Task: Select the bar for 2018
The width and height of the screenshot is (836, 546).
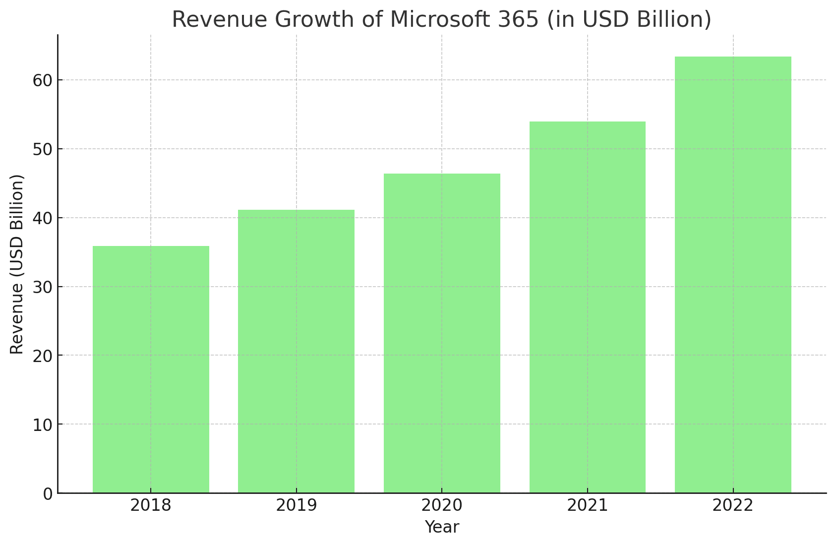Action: click(151, 369)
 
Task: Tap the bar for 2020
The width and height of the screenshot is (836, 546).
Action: click(442, 333)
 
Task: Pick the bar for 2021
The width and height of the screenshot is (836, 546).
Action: click(588, 307)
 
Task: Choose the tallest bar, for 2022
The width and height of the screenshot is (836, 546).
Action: click(733, 275)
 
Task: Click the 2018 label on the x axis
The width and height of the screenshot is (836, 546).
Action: click(151, 506)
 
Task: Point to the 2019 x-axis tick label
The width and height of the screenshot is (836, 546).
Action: click(296, 506)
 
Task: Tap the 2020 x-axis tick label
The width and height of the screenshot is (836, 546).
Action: click(442, 506)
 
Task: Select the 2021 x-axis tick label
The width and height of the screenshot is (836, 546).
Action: click(588, 506)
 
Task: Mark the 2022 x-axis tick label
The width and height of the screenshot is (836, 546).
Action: click(733, 506)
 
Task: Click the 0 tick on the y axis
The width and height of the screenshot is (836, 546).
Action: click(48, 494)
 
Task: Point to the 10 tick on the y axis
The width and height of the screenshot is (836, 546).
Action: click(43, 425)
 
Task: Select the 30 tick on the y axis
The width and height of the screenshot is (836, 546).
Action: click(43, 287)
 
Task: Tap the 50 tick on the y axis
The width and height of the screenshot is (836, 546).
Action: click(43, 149)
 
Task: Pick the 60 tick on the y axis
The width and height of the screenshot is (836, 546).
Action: click(43, 80)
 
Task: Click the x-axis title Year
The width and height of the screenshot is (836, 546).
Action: click(442, 527)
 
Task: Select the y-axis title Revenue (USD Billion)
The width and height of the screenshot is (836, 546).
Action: click(17, 264)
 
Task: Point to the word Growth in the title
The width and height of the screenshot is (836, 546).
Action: click(314, 20)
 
